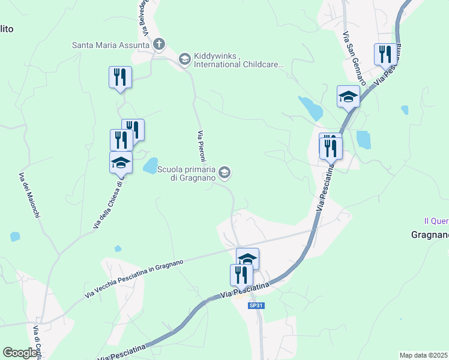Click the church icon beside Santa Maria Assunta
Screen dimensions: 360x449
point(159,44)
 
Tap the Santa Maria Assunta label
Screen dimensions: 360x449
point(110,44)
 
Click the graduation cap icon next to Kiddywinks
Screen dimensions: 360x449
point(184,59)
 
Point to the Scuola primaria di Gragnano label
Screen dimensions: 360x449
point(186,173)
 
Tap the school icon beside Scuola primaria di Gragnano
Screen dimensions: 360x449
point(224,173)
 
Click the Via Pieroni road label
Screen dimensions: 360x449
point(202,146)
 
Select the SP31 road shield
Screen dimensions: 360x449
point(256,306)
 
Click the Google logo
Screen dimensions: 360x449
point(20,353)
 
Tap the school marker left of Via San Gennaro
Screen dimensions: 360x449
point(348,97)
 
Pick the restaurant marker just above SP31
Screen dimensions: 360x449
point(241,275)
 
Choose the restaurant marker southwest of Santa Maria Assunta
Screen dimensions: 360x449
point(120,77)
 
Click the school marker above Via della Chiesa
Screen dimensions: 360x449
point(121,162)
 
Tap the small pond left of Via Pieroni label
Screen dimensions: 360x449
point(151,166)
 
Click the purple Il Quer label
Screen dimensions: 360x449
point(436,221)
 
